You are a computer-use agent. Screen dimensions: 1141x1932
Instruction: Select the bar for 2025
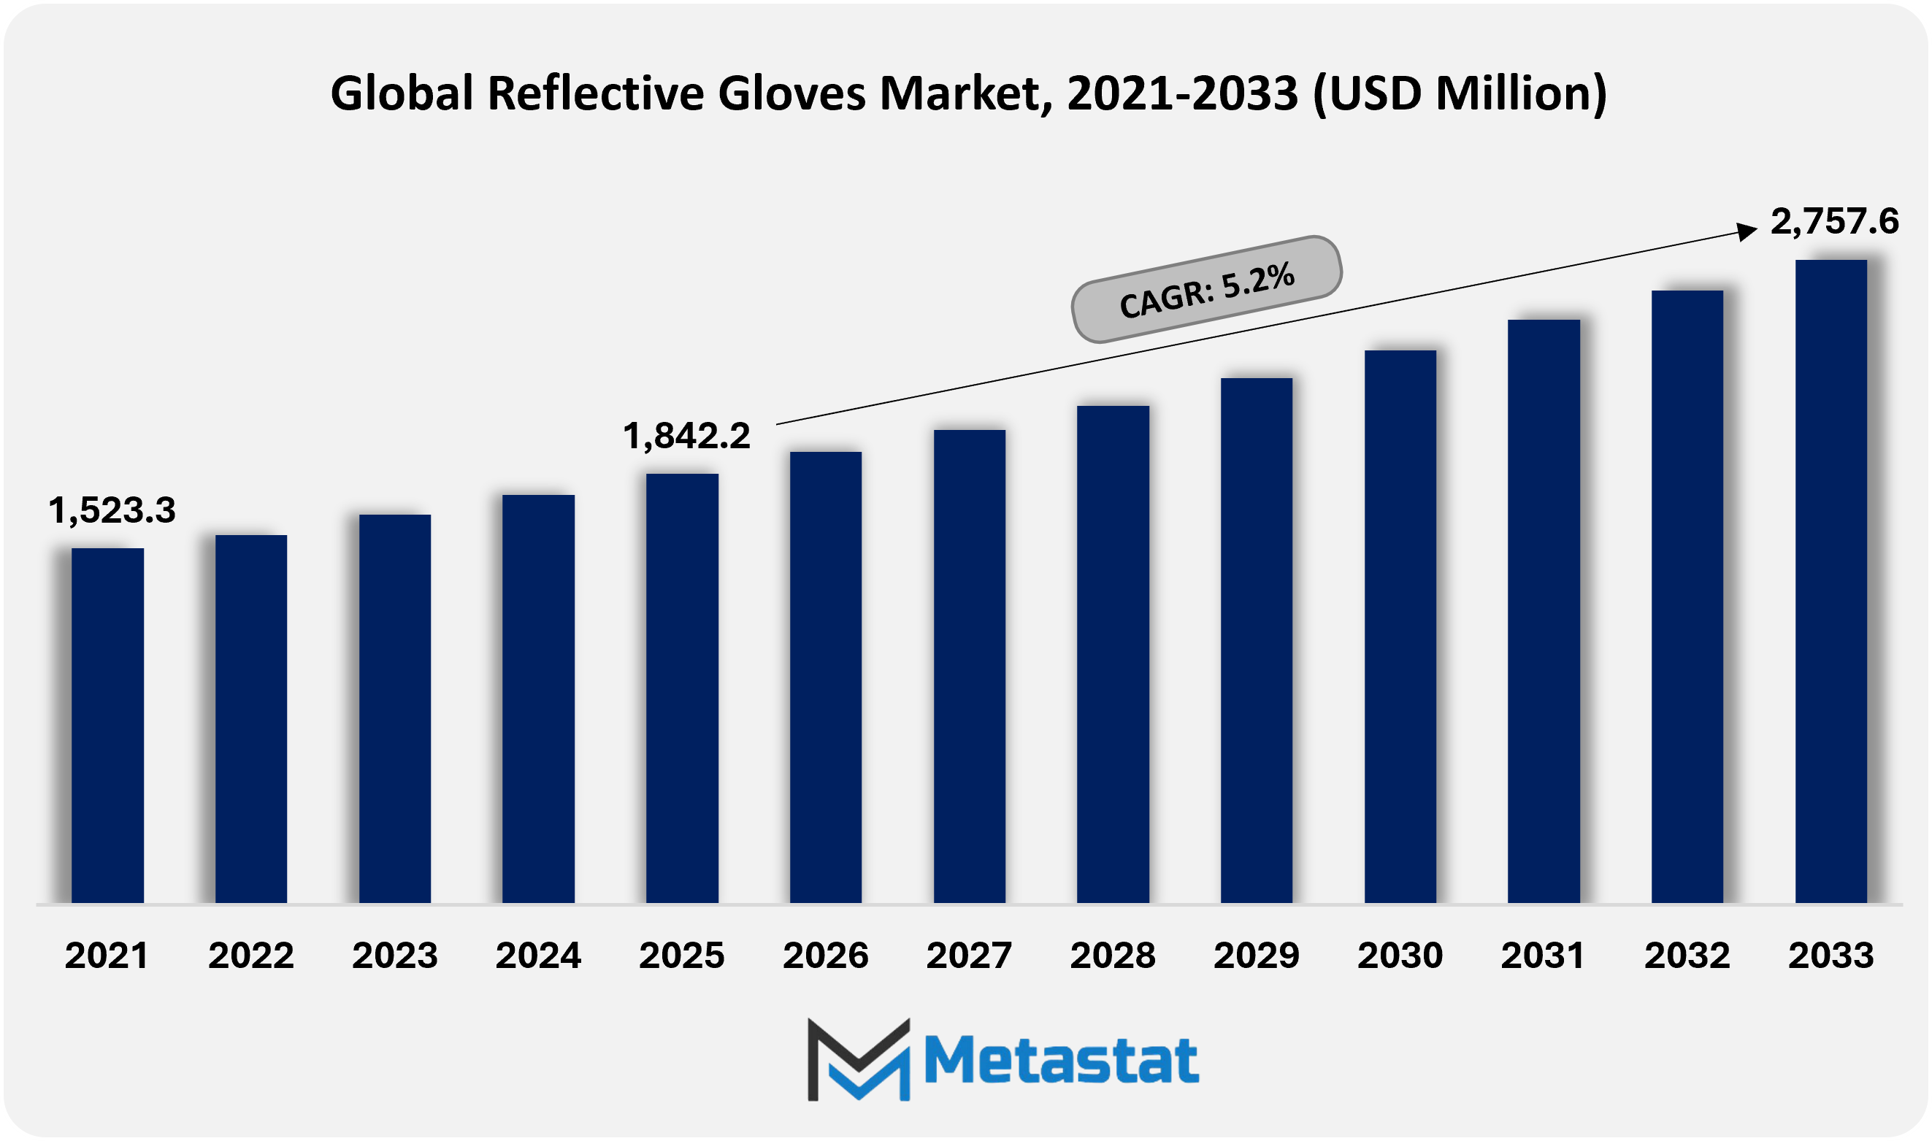click(682, 688)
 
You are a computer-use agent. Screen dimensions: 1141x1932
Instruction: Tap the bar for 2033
click(1831, 581)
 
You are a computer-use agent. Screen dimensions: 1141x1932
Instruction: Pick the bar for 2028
click(1113, 654)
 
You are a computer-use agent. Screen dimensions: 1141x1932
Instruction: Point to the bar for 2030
click(1400, 626)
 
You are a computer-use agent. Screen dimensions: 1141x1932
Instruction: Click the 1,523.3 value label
click(112, 510)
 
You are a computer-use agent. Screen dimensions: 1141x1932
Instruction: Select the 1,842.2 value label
click(686, 436)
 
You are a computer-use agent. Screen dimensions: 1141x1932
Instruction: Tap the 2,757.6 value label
click(1834, 221)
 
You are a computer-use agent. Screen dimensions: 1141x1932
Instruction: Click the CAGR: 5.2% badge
click(1206, 289)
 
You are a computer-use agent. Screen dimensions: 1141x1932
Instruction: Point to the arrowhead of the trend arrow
click(1747, 231)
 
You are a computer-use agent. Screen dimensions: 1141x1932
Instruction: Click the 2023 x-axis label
click(394, 956)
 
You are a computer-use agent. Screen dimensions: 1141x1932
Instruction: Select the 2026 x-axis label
click(825, 956)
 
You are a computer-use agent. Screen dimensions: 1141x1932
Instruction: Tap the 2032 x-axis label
click(1687, 956)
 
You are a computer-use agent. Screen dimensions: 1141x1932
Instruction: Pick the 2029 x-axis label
click(1256, 956)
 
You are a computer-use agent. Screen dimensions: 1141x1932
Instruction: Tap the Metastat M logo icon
click(858, 1059)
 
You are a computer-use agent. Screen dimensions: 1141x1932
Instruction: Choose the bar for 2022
click(250, 719)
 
